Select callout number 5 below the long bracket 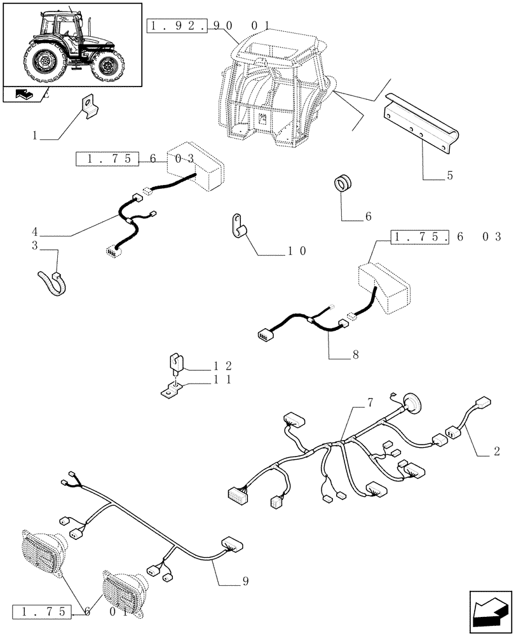click(450, 176)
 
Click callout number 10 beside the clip click(297, 251)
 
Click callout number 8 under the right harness click(355, 355)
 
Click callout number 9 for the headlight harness click(245, 581)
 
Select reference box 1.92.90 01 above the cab click(209, 26)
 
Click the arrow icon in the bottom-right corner click(489, 612)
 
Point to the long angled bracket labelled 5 click(419, 118)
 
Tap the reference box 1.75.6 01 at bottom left click(73, 613)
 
